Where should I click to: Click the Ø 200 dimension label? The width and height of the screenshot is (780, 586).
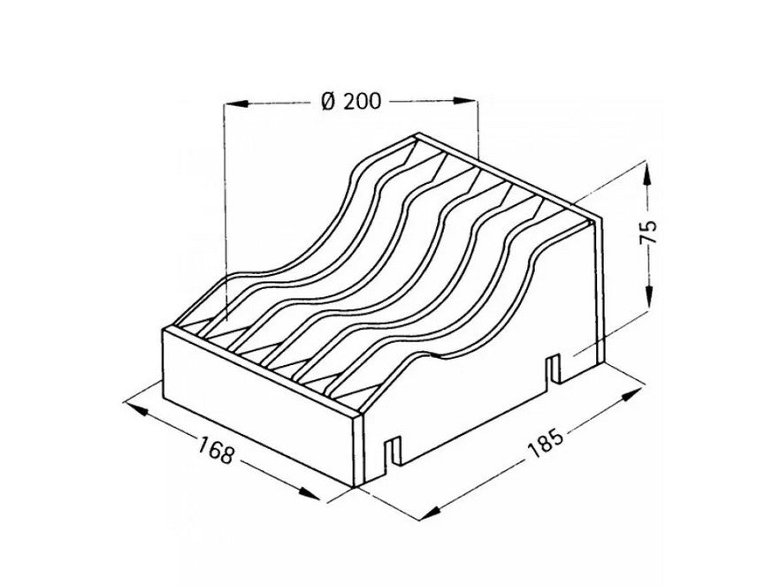351,101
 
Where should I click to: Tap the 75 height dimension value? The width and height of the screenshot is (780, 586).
648,232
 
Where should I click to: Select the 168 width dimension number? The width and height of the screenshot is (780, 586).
216,449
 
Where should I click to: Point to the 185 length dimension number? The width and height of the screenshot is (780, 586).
545,440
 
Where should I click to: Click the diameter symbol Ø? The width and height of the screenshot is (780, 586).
328,101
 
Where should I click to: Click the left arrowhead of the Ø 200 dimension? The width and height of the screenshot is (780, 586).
236,103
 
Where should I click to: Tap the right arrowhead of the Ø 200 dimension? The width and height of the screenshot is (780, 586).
465,101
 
